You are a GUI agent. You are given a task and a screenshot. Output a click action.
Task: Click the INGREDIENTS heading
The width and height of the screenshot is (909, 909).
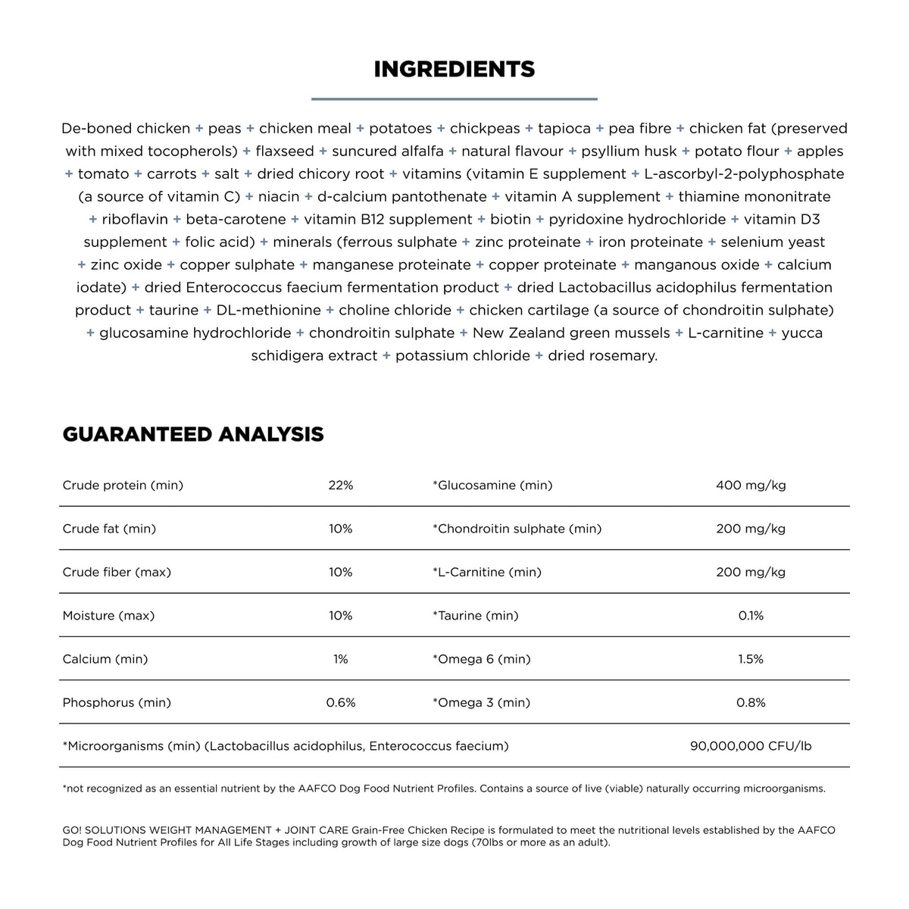454,69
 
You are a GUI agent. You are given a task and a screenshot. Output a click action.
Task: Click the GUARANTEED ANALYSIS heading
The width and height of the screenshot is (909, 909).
193,434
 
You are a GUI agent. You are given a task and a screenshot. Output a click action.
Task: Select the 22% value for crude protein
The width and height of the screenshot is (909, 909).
341,485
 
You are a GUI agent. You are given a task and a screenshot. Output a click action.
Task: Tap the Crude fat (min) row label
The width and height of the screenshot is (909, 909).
109,529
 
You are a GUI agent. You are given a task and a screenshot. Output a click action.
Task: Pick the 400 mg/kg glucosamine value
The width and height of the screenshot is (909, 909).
751,485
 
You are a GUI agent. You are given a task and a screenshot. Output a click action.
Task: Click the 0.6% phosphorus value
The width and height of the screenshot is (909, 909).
341,703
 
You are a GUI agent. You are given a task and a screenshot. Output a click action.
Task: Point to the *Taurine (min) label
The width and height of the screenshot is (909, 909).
476,616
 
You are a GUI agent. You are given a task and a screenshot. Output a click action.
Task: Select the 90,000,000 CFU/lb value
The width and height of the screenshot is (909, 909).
751,746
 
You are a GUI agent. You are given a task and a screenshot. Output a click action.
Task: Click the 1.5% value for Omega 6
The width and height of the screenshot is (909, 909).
751,659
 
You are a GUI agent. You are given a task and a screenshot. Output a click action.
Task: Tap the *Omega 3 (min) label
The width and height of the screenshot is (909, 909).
481,703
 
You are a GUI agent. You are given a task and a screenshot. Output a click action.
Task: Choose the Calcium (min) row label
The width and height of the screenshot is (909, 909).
105,659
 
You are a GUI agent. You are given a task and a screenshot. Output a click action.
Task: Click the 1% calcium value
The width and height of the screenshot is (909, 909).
341,659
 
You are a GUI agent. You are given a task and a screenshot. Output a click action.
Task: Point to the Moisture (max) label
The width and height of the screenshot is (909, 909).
108,616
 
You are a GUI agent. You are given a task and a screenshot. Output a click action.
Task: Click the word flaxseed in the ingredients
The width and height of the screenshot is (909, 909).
285,151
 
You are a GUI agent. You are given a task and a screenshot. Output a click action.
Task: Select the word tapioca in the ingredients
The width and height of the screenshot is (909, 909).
564,129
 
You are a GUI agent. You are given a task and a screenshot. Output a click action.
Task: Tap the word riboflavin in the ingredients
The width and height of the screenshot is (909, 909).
135,220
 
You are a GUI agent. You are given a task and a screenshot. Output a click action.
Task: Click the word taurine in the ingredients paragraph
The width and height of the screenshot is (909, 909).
173,311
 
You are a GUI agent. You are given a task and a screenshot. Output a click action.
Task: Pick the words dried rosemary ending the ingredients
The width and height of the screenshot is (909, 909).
602,356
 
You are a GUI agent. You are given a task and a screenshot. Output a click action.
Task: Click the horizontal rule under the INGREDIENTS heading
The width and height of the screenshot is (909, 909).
454,98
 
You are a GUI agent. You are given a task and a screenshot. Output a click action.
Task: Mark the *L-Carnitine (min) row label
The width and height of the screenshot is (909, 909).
487,572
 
